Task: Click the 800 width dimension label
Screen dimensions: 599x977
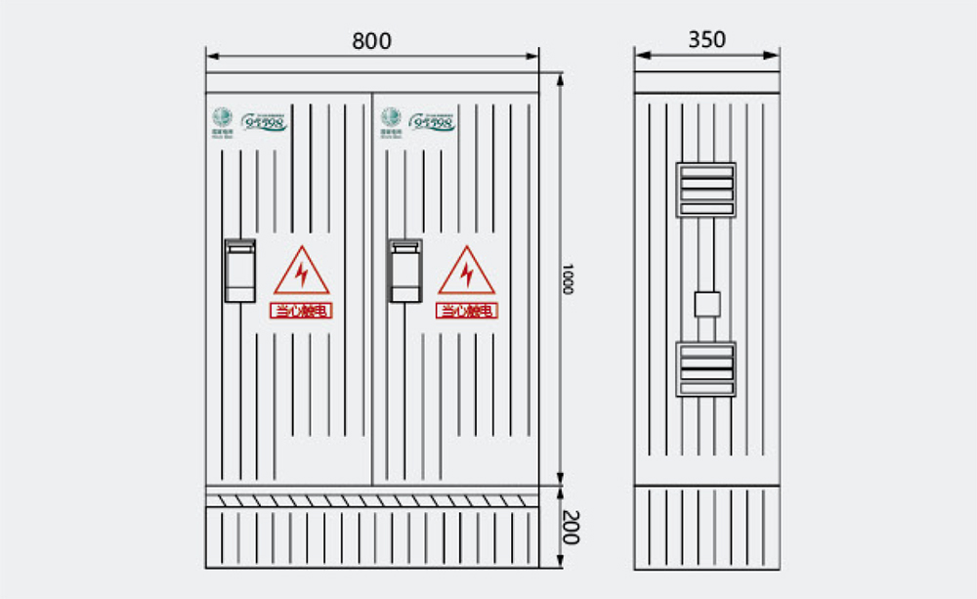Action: tap(371, 41)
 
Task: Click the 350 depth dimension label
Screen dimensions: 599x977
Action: tap(706, 39)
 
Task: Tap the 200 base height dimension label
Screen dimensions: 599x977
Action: tap(572, 527)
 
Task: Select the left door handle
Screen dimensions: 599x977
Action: tap(240, 271)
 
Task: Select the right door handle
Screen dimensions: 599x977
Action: tap(404, 271)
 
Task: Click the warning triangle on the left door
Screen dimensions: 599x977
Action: tap(302, 272)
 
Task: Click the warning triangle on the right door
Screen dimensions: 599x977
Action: tap(467, 272)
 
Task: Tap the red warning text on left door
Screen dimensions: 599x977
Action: tap(302, 311)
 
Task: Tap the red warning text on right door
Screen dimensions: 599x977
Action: tap(467, 311)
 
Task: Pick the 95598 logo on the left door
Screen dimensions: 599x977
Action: tap(264, 122)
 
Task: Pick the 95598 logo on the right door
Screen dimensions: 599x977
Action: tap(431, 122)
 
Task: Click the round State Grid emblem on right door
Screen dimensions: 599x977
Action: tap(391, 115)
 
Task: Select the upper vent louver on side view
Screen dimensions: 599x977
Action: tap(705, 190)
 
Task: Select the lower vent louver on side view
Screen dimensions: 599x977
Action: tap(705, 368)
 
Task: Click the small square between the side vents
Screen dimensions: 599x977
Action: tap(705, 304)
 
